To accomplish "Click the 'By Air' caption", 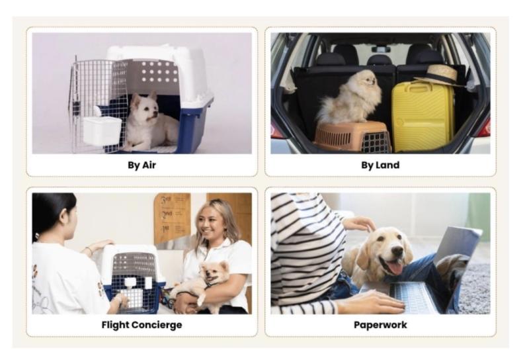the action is coord(142,165).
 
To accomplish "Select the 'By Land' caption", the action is coord(380,165).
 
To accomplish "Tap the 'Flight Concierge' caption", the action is coord(142,325).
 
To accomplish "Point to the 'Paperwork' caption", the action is coord(380,325).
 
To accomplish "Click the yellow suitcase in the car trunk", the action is coord(423,116).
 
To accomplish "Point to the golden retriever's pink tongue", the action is coord(395,269).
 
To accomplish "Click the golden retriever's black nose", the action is coord(397,251).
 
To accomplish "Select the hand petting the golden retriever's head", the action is coord(360,224).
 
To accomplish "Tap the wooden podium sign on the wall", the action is coord(172,218).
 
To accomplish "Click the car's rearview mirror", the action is coord(382,50).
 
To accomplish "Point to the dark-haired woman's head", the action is coord(54,216).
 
